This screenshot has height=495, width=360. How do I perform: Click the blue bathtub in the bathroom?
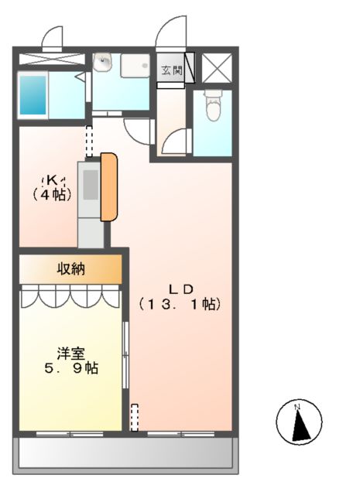[x=33, y=97]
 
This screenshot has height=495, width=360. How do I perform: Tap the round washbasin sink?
[x=102, y=64]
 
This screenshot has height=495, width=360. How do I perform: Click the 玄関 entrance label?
[x=171, y=70]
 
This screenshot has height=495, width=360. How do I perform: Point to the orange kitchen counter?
[x=109, y=186]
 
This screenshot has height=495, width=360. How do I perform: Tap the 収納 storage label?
[x=70, y=269]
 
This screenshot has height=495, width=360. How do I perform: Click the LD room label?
[x=182, y=288]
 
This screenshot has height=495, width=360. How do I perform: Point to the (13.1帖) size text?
[x=181, y=304]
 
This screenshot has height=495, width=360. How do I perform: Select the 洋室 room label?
[x=70, y=353]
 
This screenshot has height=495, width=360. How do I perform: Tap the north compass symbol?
[x=298, y=424]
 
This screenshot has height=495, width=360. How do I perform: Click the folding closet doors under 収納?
[x=70, y=295]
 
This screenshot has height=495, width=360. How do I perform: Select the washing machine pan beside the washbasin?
[x=135, y=67]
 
